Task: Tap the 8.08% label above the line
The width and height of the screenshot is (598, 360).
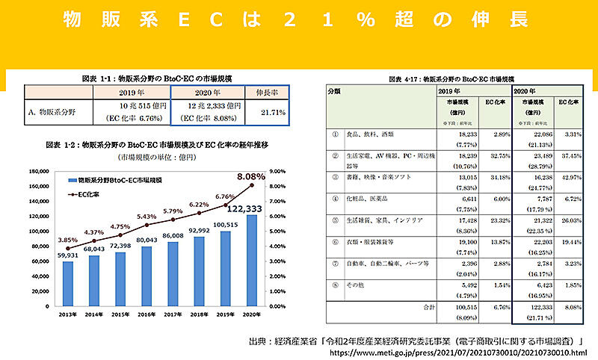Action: click(x=248, y=176)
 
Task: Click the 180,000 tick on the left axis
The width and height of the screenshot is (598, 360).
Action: click(x=40, y=171)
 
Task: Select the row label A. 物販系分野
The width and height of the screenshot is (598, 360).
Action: click(x=52, y=112)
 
